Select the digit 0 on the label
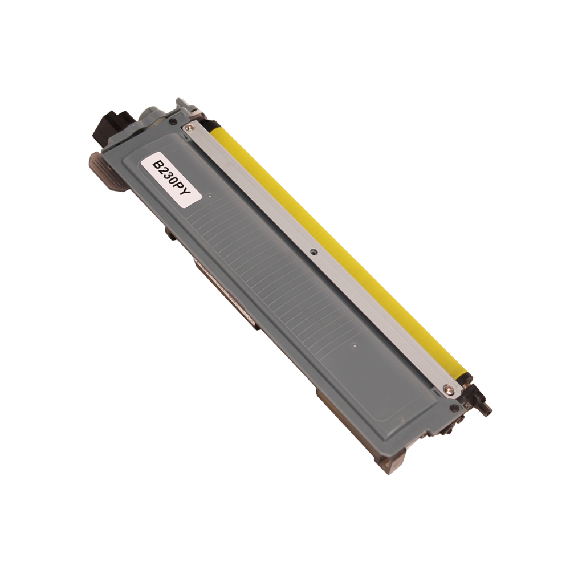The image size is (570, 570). tap(174, 184)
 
